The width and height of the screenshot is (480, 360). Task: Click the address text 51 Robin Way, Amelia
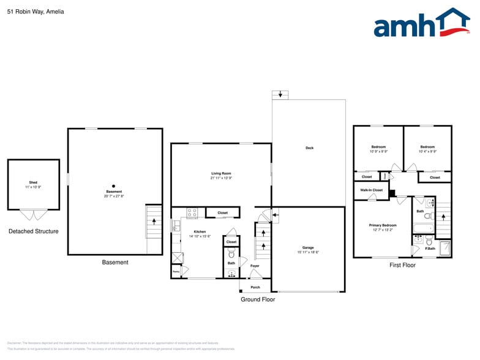click(36, 12)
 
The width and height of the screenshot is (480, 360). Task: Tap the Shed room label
click(33, 182)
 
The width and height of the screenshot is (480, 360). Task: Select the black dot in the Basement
click(113, 186)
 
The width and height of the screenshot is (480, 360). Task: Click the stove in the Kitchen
click(192, 213)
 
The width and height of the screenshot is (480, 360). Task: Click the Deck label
click(309, 148)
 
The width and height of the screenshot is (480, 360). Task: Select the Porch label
click(255, 287)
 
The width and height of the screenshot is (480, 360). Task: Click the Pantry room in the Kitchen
click(176, 271)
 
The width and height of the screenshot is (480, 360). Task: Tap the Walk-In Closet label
click(371, 190)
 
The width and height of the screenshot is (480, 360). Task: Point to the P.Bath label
click(431, 249)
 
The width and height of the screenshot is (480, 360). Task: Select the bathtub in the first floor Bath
click(423, 230)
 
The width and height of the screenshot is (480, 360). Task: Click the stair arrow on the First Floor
click(444, 219)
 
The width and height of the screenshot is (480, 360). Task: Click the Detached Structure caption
click(34, 231)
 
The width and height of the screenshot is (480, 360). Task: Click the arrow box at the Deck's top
click(280, 94)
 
